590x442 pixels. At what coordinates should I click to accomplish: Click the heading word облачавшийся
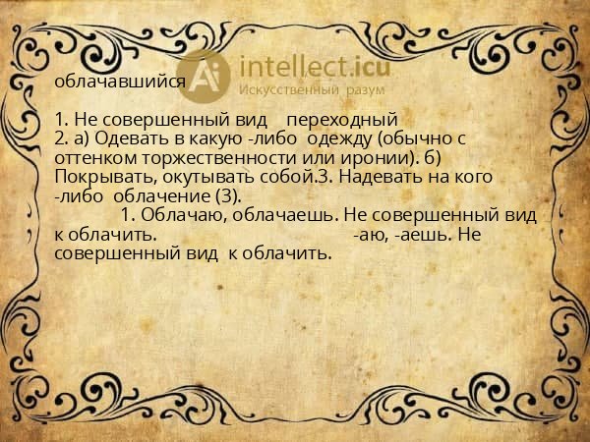click(x=119, y=83)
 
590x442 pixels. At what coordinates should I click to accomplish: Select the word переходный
click(x=347, y=120)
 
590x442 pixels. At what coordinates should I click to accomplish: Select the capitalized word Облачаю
click(x=178, y=215)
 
